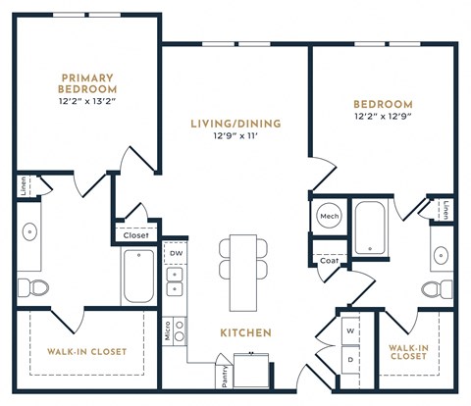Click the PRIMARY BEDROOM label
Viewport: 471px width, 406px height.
click(86, 83)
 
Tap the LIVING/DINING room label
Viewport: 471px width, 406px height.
click(235, 124)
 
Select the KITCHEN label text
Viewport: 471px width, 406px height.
click(244, 333)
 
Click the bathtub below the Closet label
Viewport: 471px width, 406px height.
click(136, 275)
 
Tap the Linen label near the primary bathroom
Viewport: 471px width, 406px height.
click(21, 184)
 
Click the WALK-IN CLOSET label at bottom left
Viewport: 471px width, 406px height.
click(86, 351)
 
